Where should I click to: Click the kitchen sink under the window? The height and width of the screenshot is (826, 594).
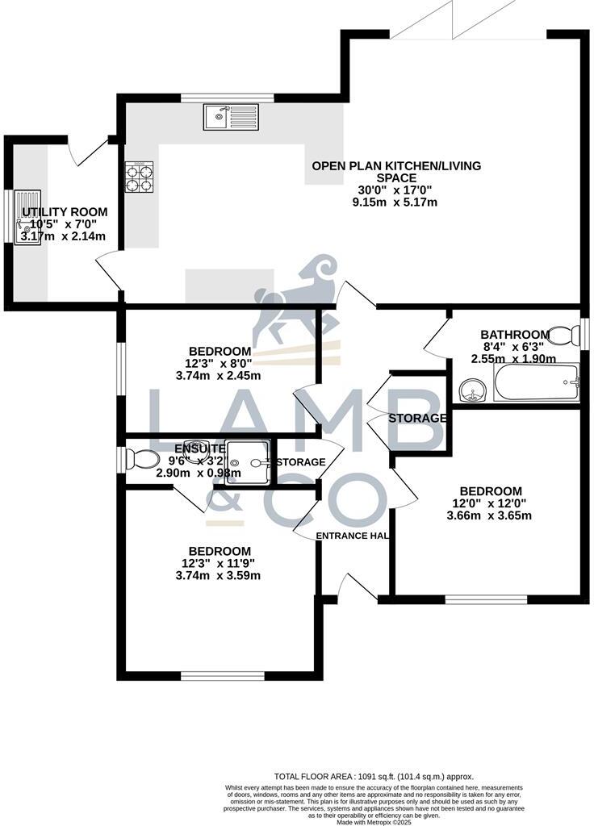230,118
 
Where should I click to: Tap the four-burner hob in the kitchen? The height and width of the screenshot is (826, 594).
139,177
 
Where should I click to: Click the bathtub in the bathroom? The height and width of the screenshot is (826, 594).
537,382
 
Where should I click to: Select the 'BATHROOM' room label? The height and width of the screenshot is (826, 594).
515,335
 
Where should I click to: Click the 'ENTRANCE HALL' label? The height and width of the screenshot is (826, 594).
353,536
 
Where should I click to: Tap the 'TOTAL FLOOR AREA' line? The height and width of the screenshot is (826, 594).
374,776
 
